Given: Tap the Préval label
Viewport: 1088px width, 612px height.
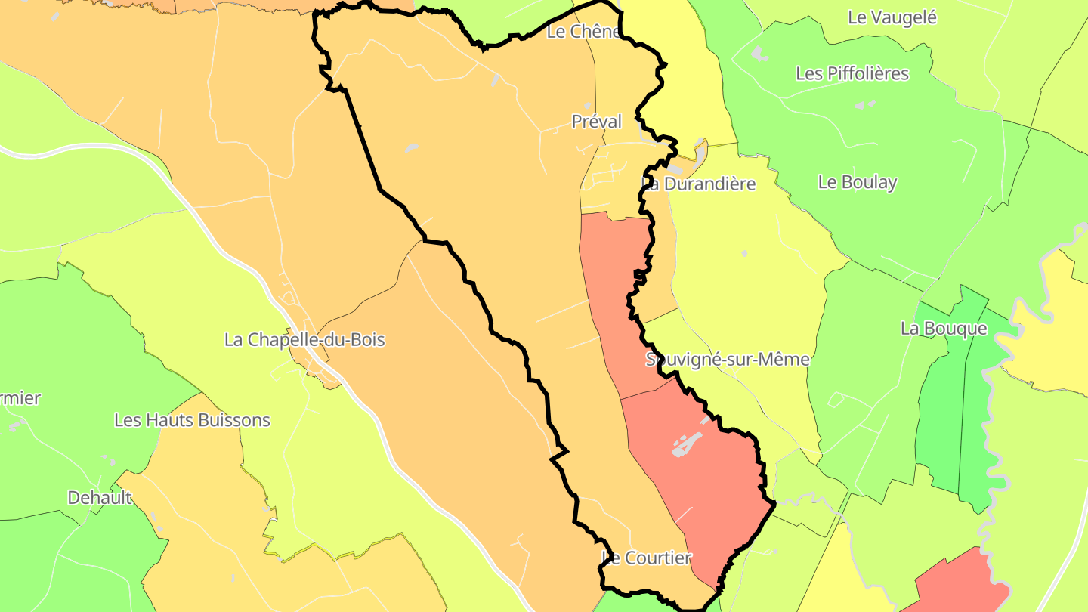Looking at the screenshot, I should (x=596, y=122).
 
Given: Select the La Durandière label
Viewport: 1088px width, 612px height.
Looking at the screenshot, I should (x=699, y=184).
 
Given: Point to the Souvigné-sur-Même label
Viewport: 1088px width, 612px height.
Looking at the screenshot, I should (x=727, y=360).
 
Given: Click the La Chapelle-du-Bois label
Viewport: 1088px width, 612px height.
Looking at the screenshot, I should (x=304, y=340).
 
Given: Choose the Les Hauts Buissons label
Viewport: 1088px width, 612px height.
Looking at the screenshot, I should (x=192, y=420).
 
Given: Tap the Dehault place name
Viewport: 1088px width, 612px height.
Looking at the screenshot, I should (x=100, y=498).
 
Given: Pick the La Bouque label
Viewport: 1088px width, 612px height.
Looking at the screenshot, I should (x=944, y=329).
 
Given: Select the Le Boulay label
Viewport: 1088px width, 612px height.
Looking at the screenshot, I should (x=858, y=182).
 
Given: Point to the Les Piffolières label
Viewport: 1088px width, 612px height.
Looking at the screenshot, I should (x=852, y=73).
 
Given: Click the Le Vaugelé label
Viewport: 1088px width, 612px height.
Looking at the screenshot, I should (x=892, y=17).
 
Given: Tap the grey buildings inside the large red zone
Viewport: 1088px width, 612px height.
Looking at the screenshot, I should (x=688, y=443).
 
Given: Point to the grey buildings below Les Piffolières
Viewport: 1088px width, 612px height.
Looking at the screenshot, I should (x=864, y=105).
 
